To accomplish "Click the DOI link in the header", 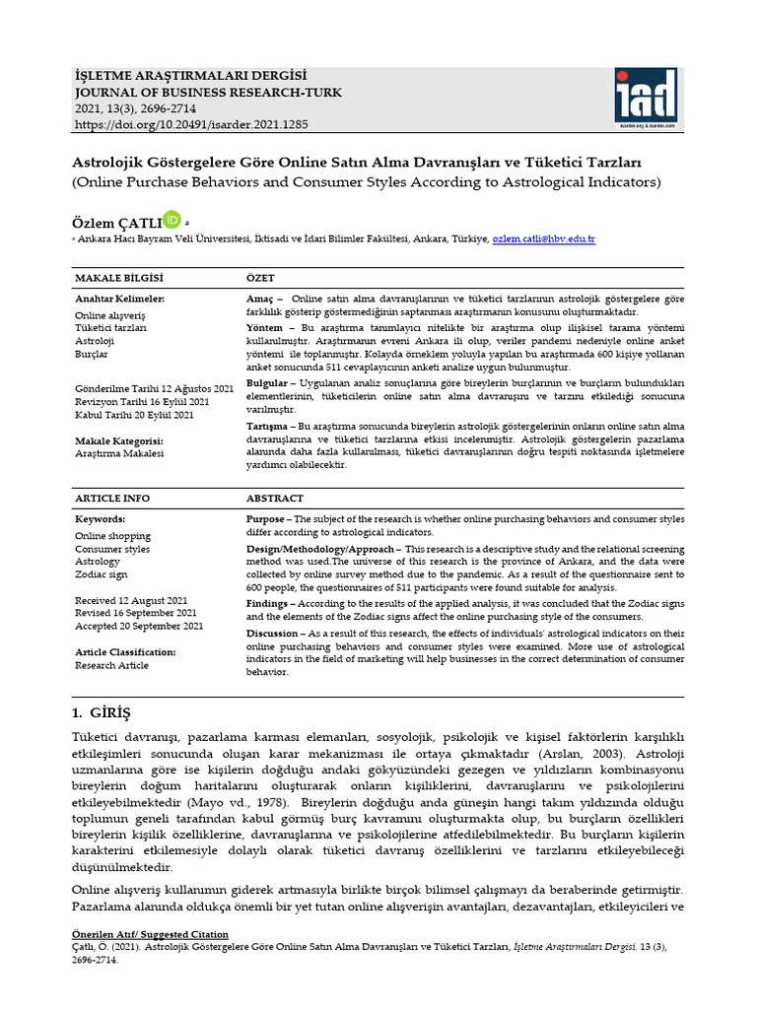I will [191, 126].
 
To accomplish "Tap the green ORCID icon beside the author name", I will [172, 219].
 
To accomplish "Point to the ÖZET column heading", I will [260, 279].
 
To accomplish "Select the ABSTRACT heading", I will [274, 499].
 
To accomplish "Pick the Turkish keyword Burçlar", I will [92, 354].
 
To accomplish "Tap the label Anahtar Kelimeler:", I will [119, 299].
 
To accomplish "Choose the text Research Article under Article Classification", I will [112, 666].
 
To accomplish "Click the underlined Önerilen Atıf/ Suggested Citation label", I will [151, 934].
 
